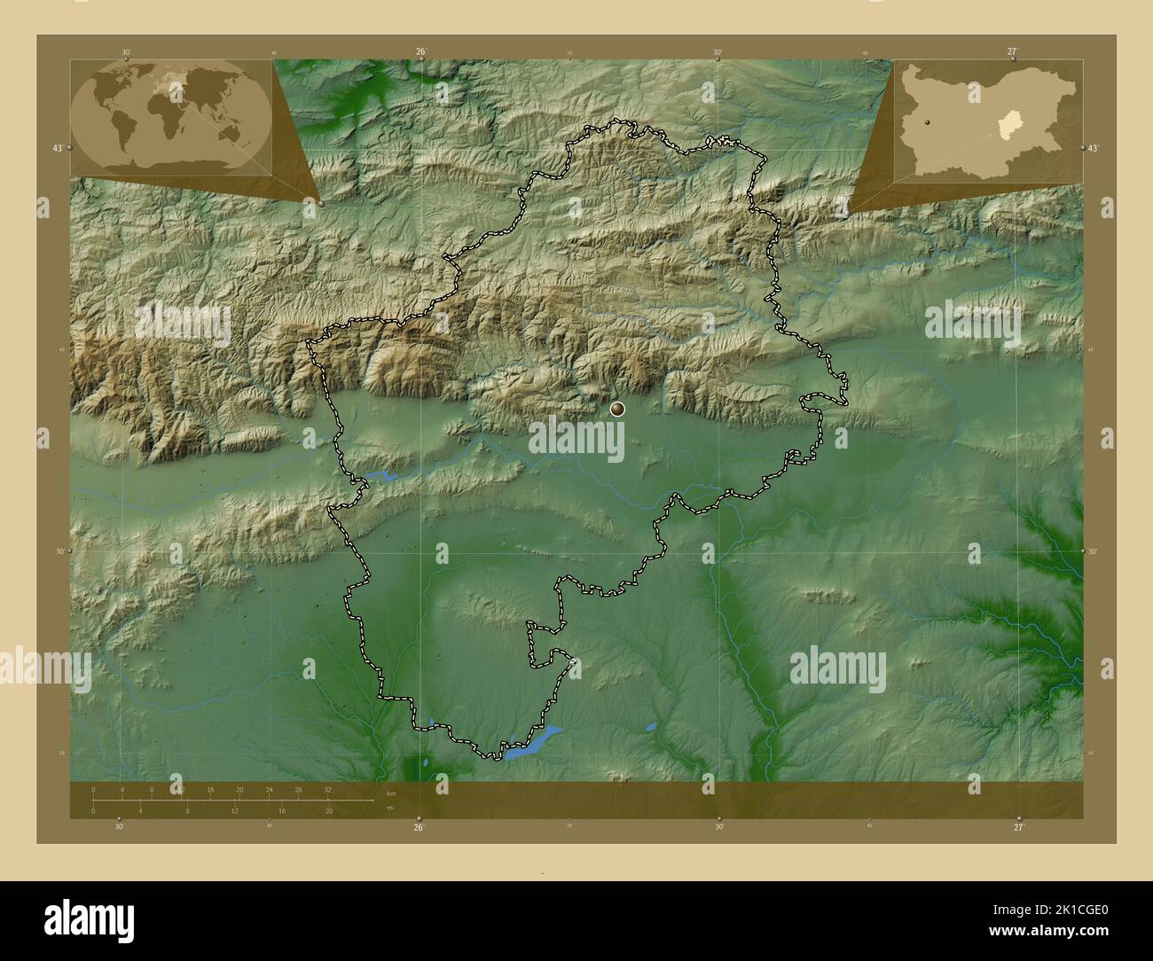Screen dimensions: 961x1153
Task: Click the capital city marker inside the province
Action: (x=617, y=409)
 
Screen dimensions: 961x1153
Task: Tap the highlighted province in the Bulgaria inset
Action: (x=1008, y=127)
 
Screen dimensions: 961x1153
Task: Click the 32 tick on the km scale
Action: (x=328, y=789)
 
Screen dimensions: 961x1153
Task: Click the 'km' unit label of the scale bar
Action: (x=390, y=793)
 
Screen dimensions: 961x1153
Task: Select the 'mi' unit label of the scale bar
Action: (x=389, y=808)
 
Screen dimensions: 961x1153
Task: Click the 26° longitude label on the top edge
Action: (x=421, y=51)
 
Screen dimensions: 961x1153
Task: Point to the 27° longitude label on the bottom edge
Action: (x=1018, y=826)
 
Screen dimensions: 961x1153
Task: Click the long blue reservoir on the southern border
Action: (x=534, y=740)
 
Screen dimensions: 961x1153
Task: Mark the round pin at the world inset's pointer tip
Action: (x=320, y=203)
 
